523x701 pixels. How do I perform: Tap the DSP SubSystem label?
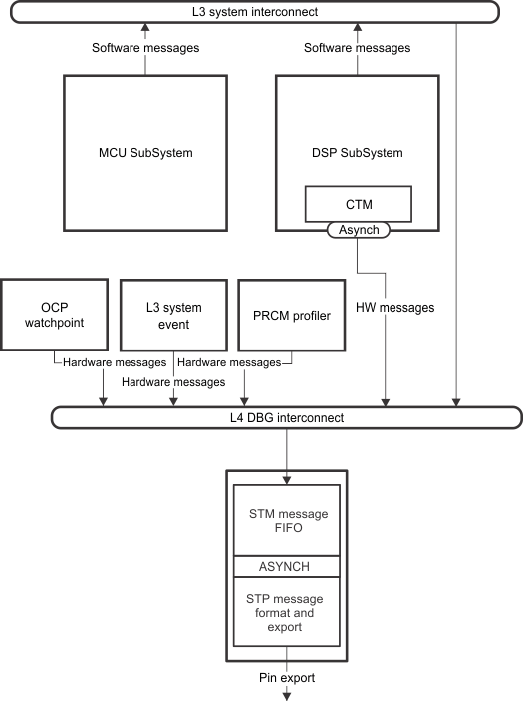tap(358, 153)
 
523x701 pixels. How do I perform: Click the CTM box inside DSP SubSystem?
tap(358, 205)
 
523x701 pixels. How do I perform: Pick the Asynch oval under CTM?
tap(358, 230)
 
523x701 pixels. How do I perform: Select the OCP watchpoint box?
tap(55, 314)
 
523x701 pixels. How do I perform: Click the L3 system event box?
tap(173, 314)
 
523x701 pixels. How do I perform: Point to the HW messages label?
tap(395, 308)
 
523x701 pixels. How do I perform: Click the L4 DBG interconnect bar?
tap(286, 418)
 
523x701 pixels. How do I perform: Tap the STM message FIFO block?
tap(286, 521)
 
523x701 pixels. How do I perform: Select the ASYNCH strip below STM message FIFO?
tap(286, 566)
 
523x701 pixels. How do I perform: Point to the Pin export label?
tap(286, 678)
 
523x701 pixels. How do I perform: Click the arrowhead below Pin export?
tap(287, 694)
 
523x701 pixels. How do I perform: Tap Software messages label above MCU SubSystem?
tap(145, 48)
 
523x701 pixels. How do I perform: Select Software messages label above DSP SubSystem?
tap(358, 48)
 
